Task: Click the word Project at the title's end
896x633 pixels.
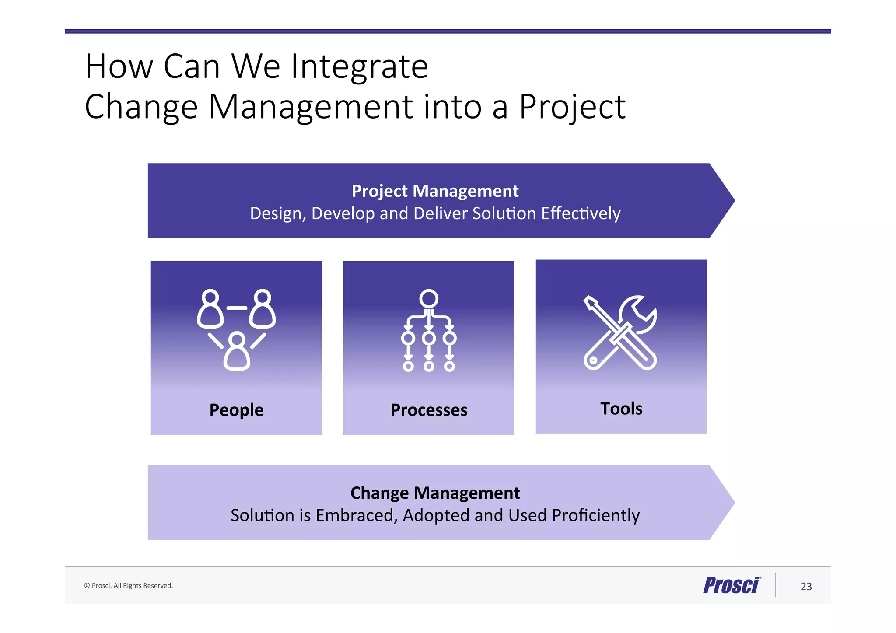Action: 572,107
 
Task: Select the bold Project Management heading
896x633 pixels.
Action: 435,191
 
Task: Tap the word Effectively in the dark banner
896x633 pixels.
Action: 581,213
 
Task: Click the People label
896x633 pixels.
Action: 236,410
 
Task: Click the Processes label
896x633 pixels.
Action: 429,410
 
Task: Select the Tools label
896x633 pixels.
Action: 621,409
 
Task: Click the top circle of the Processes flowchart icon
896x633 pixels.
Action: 429,298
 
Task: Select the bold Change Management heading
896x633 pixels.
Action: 435,493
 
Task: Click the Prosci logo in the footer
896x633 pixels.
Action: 731,585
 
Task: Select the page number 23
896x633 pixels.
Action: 806,587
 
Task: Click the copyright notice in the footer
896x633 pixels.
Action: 129,586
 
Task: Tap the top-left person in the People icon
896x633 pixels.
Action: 211,309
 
